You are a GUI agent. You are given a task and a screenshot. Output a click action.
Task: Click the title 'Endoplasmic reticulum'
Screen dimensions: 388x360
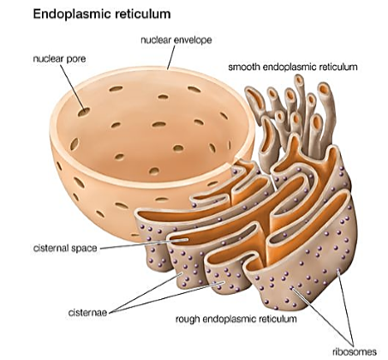pyautogui.click(x=102, y=14)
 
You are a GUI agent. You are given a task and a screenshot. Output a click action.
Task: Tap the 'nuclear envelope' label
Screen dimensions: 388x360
pyautogui.click(x=176, y=40)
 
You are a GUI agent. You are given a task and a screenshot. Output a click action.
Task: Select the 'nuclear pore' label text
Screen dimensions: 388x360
pyautogui.click(x=59, y=59)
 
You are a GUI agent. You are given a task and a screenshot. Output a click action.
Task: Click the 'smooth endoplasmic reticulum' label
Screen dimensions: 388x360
pyautogui.click(x=293, y=67)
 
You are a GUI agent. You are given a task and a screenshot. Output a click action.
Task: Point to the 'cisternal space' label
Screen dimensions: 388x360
pyautogui.click(x=65, y=248)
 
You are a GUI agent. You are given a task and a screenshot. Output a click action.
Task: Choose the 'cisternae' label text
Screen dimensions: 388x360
pyautogui.click(x=87, y=312)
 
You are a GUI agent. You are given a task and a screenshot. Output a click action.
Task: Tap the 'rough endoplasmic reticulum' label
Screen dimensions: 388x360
pyautogui.click(x=236, y=319)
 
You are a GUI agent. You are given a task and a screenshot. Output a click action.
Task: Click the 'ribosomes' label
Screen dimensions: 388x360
pyautogui.click(x=355, y=351)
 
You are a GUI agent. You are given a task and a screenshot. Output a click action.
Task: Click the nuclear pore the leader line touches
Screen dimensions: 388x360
pyautogui.click(x=84, y=111)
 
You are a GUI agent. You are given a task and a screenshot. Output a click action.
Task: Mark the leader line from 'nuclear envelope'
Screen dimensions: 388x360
pyautogui.click(x=171, y=57)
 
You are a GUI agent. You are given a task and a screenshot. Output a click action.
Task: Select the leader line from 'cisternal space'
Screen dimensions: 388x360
pyautogui.click(x=144, y=244)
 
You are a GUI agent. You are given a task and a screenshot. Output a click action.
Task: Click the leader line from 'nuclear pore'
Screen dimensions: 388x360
pyautogui.click(x=73, y=87)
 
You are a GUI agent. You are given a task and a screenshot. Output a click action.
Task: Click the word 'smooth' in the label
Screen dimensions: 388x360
pyautogui.click(x=244, y=67)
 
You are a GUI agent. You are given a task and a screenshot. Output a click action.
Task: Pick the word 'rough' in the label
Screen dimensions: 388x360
pyautogui.click(x=188, y=319)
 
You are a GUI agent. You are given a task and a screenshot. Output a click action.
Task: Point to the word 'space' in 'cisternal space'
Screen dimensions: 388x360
pyautogui.click(x=84, y=249)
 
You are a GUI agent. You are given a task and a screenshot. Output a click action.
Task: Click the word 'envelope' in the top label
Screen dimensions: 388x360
pyautogui.click(x=193, y=40)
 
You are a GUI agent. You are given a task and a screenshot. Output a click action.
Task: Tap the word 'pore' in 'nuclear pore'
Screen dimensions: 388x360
pyautogui.click(x=75, y=59)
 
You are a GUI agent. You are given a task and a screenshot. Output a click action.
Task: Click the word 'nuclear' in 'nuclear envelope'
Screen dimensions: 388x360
pyautogui.click(x=156, y=40)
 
